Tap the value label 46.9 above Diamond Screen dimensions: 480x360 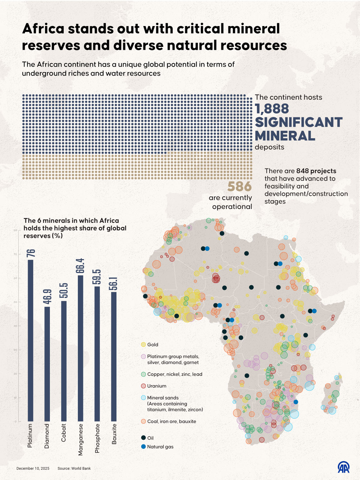(47, 296)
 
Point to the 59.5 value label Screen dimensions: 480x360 (97, 277)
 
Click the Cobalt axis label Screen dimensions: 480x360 (64, 433)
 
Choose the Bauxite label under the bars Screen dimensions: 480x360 (114, 434)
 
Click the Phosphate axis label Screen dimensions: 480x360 (97, 438)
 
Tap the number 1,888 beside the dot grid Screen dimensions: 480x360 (272, 109)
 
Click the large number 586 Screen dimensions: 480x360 (239, 186)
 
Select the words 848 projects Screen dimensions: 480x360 (316, 171)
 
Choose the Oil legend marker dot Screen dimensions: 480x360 (143, 438)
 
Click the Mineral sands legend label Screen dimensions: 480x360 (163, 398)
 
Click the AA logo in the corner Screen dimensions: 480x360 (344, 467)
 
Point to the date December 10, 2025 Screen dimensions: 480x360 (33, 468)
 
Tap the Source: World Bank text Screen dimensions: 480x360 (74, 468)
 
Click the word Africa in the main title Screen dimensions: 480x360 (43, 29)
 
